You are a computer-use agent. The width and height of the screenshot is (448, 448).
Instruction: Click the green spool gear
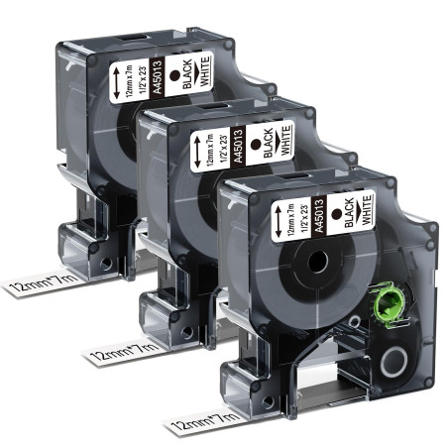point(391,303)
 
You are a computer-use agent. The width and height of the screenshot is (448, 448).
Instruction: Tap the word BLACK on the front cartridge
point(350,212)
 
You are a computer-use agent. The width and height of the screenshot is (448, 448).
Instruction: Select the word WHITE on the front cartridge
point(367,210)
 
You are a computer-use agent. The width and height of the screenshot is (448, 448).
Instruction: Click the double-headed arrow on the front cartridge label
point(278,220)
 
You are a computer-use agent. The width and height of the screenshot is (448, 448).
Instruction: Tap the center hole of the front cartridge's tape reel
point(318,262)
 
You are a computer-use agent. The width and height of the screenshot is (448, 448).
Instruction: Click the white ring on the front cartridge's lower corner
point(393,362)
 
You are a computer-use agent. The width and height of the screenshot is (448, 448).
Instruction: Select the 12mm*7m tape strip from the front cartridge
point(205,421)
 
